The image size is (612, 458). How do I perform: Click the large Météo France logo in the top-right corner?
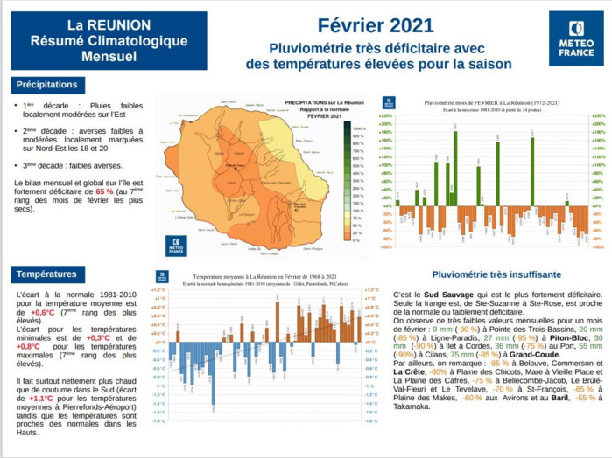[x=575, y=39]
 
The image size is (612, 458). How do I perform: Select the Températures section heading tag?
[x=50, y=274]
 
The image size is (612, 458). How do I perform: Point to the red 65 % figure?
[x=104, y=190]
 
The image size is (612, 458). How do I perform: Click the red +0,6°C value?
[x=43, y=312]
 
